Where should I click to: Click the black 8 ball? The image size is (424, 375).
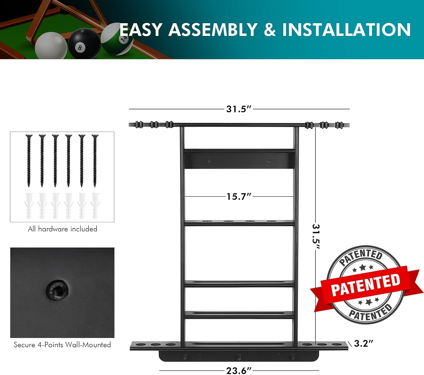pyautogui.click(x=84, y=43)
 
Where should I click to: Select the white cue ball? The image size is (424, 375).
pyautogui.click(x=51, y=45)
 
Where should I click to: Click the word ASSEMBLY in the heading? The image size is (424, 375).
pyautogui.click(x=213, y=30)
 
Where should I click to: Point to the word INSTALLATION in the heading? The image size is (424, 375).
pyautogui.click(x=347, y=30)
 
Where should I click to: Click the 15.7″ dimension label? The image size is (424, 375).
pyautogui.click(x=239, y=196)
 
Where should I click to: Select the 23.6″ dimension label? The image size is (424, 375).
pyautogui.click(x=239, y=370)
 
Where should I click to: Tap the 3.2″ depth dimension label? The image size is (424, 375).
pyautogui.click(x=364, y=343)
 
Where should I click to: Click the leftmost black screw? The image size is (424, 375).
pyautogui.click(x=29, y=161)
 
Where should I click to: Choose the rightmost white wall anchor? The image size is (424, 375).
pyautogui.click(x=95, y=206)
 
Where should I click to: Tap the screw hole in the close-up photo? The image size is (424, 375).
pyautogui.click(x=57, y=290)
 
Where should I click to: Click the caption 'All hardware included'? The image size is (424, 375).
pyautogui.click(x=62, y=229)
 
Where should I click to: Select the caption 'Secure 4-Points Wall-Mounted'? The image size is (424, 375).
pyautogui.click(x=62, y=345)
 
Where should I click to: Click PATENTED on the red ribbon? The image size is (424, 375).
pyautogui.click(x=365, y=285)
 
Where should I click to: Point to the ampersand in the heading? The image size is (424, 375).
pyautogui.click(x=270, y=30)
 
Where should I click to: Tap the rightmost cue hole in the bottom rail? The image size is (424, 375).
pyautogui.click(x=336, y=344)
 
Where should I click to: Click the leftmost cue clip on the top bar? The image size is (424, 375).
pyautogui.click(x=139, y=125)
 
